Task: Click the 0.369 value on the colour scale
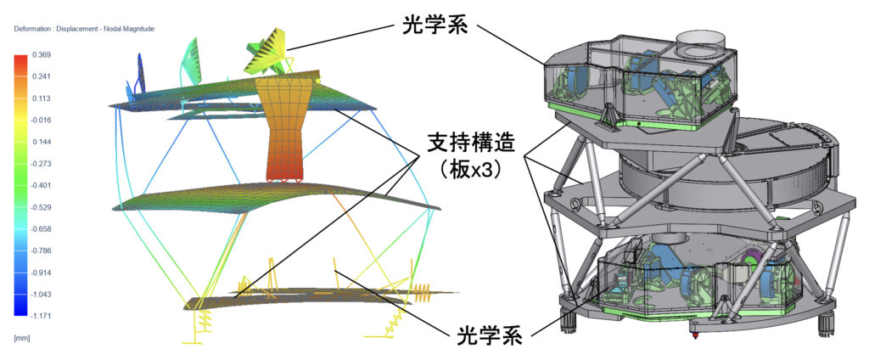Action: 40,54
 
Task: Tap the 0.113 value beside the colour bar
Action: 40,98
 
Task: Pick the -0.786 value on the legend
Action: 41,250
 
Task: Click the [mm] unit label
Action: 22,337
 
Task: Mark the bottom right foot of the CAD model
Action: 826,323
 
